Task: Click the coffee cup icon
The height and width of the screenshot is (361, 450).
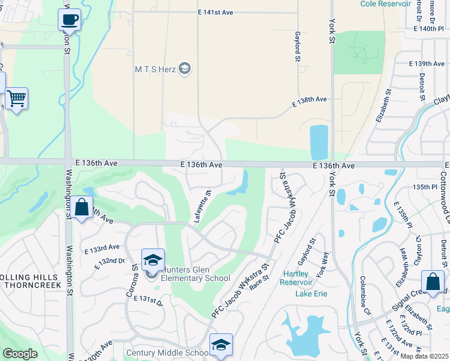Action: pos(69,20)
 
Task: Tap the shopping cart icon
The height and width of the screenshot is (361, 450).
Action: pos(16,97)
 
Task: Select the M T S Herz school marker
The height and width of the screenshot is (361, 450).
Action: pos(185,69)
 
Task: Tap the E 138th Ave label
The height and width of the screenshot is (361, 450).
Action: pos(310,99)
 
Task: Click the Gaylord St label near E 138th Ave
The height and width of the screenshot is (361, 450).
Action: pos(297,46)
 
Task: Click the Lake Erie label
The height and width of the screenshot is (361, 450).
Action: pos(312,294)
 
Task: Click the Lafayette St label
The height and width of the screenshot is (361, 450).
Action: pos(203,207)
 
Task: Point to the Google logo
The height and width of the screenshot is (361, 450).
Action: pos(20,354)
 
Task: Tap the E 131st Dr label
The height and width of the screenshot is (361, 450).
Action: pos(148,300)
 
